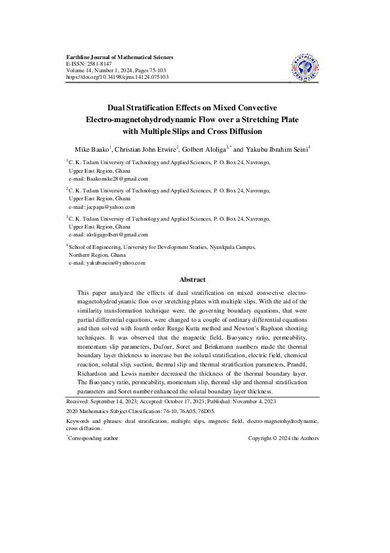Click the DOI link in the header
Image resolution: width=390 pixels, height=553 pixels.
[118, 77]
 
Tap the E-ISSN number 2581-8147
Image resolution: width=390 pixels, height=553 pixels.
[106, 64]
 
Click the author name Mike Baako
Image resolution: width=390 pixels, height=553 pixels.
[92, 149]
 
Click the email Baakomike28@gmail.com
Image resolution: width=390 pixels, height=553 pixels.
[117, 179]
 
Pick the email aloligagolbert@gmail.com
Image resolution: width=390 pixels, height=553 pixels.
[117, 234]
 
